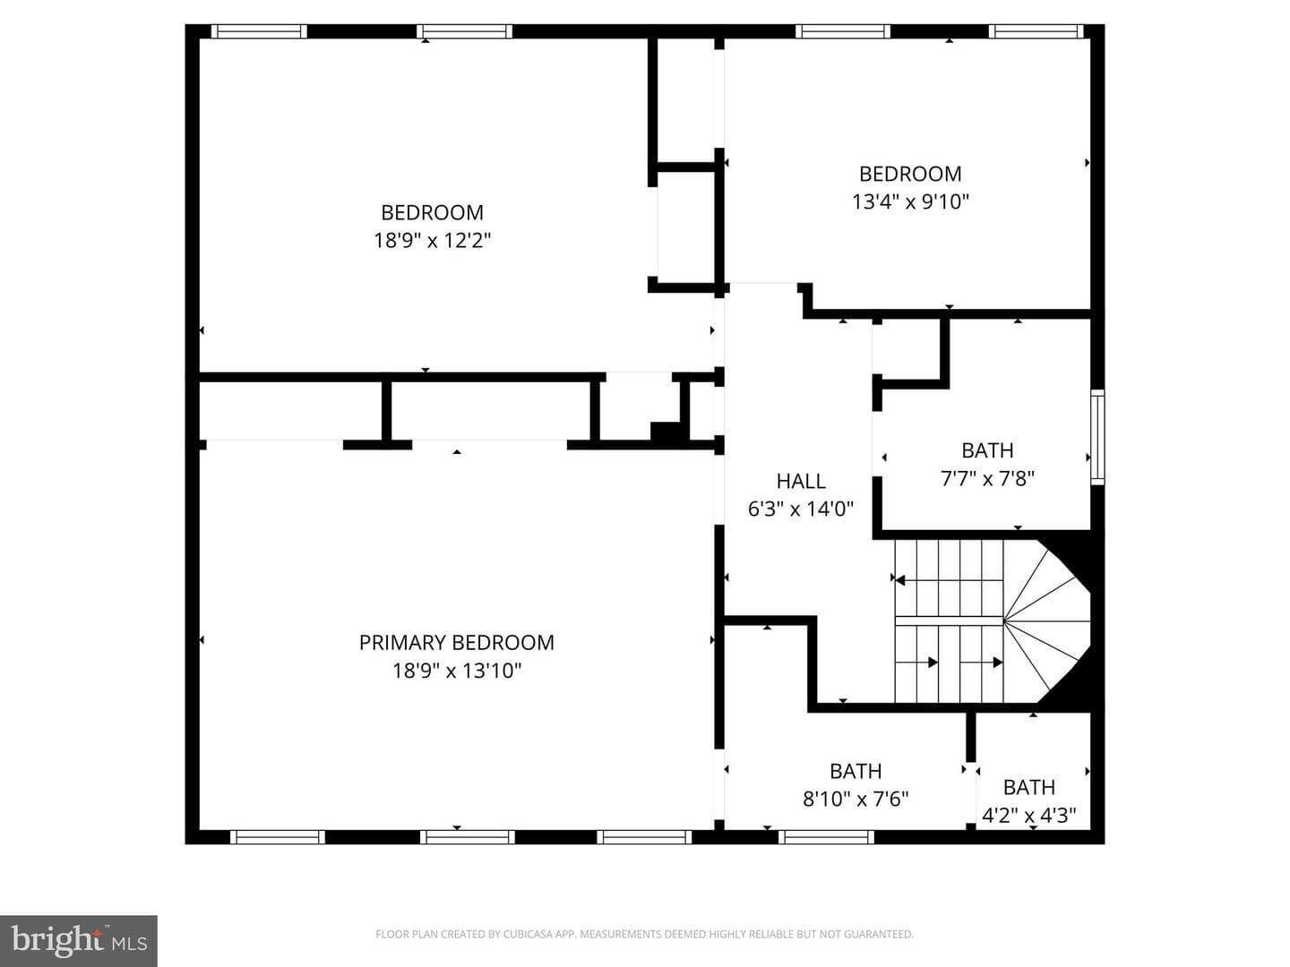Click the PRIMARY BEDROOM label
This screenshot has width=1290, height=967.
[456, 642]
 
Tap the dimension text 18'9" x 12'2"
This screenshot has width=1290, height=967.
[432, 240]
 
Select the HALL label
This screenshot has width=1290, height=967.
[801, 481]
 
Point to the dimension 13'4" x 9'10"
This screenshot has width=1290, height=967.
[910, 202]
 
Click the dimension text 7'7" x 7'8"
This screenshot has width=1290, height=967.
[987, 478]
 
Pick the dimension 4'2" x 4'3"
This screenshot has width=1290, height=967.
[1029, 815]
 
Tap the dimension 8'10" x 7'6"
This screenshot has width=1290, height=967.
[856, 799]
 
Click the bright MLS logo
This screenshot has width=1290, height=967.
[79, 941]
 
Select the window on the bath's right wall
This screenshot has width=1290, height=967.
[1097, 437]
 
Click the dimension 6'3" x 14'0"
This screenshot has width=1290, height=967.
[801, 509]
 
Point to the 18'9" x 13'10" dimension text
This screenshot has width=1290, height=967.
[457, 670]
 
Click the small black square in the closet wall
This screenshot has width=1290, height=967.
[666, 432]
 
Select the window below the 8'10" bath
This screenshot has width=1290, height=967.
[826, 836]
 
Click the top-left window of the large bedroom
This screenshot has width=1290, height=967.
[259, 31]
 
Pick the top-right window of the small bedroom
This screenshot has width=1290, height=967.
[1036, 31]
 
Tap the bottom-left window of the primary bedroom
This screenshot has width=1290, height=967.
[278, 836]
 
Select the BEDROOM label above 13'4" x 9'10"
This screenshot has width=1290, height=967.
[910, 174]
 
